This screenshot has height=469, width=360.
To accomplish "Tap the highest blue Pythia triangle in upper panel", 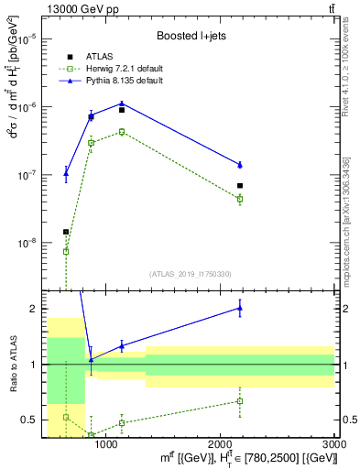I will pyautogui.click(x=122, y=104).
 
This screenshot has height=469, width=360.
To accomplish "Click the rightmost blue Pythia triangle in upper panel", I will pyautogui.click(x=240, y=165).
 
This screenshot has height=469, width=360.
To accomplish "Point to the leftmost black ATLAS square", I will pyautogui.click(x=66, y=232).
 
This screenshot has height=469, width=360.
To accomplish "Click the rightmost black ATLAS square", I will pyautogui.click(x=240, y=186).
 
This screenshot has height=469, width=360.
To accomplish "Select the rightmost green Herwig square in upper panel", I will pyautogui.click(x=240, y=199).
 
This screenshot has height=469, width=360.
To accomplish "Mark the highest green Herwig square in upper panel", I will pyautogui.click(x=122, y=132).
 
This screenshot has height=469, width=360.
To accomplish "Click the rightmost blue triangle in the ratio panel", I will pyautogui.click(x=240, y=308).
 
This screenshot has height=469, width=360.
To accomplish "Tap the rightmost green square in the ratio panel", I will pyautogui.click(x=240, y=400).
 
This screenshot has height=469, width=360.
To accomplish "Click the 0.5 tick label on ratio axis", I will pyautogui.click(x=31, y=420).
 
